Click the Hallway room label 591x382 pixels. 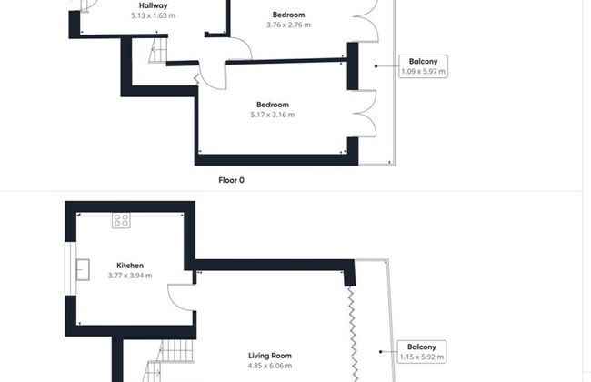(153, 5)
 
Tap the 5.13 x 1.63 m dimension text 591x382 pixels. (153, 15)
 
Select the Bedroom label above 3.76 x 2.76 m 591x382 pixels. (289, 15)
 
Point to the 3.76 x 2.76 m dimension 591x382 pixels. (289, 25)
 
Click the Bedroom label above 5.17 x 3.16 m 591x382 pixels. (273, 105)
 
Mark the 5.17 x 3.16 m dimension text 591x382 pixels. (273, 115)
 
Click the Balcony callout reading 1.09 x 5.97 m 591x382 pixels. (424, 66)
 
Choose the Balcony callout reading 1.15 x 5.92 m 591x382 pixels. (422, 352)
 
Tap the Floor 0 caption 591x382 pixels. (232, 180)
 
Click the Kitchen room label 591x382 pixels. (130, 266)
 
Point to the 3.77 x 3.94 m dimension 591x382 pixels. (130, 276)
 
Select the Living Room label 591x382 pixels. (270, 356)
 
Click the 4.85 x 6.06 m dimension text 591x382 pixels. (270, 366)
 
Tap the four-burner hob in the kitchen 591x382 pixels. (121, 221)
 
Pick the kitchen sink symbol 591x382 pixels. (83, 269)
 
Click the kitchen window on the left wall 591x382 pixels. (71, 268)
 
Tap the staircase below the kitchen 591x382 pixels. (170, 361)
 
